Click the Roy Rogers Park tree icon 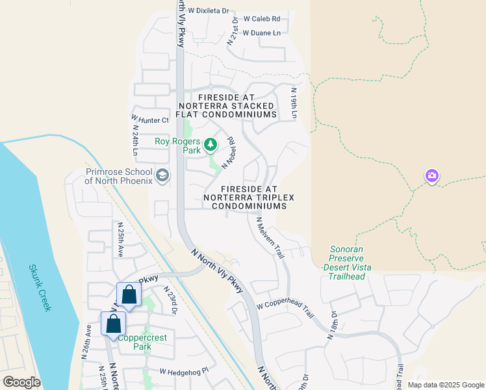click(x=211, y=144)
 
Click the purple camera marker click(x=432, y=175)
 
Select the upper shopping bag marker click(x=129, y=295)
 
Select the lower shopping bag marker click(x=113, y=324)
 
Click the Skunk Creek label click(x=40, y=287)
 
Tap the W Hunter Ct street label click(x=149, y=120)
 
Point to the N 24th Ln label click(x=136, y=144)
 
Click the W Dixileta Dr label click(x=207, y=11)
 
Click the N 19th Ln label click(x=294, y=103)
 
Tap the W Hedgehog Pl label click(x=186, y=371)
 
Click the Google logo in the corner click(x=21, y=382)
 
